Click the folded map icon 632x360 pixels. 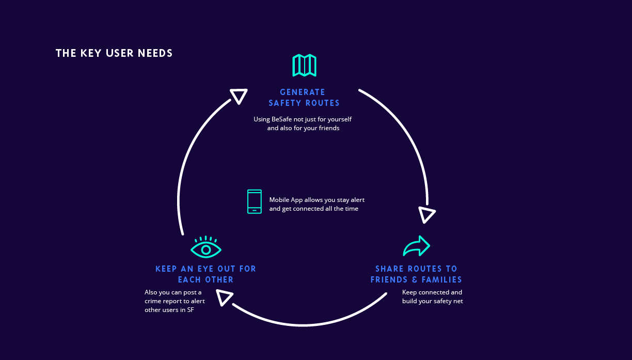304,65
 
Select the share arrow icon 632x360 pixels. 417,246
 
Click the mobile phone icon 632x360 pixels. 254,201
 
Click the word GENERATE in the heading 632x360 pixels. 303,92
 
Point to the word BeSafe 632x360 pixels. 281,119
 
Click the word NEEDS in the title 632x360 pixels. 155,53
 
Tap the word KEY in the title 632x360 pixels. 90,53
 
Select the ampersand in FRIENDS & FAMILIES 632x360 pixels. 415,280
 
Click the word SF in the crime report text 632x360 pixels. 191,310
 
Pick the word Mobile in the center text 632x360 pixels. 279,200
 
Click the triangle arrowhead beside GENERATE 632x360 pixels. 239,96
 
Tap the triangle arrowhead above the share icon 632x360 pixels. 426,215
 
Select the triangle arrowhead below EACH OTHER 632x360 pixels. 224,298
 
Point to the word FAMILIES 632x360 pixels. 441,280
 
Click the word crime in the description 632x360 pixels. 153,301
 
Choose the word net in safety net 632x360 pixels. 458,301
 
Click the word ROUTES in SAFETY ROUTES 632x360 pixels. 323,103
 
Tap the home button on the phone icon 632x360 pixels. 254,210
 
